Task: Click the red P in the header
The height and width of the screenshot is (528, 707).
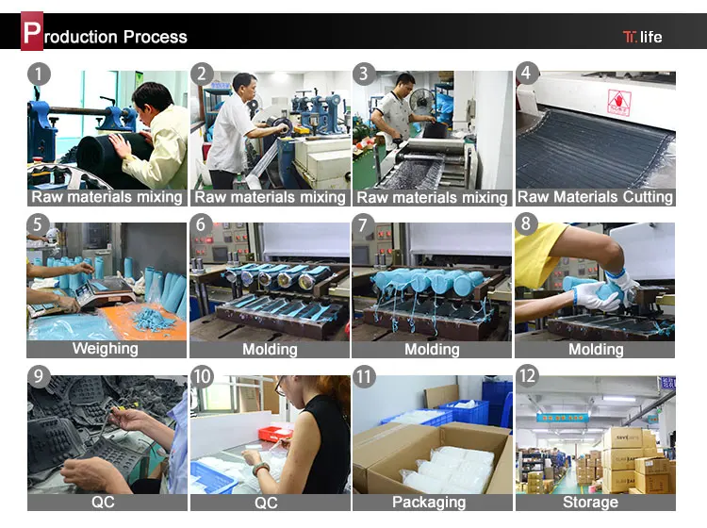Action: coord(32,31)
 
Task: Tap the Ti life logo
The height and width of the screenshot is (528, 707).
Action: coord(643,37)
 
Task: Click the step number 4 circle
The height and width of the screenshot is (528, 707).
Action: coord(527,73)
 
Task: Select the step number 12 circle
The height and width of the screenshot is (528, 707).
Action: coord(527,375)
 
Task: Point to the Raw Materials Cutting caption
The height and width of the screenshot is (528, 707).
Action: coord(595,197)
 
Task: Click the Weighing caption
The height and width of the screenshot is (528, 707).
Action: coord(106,349)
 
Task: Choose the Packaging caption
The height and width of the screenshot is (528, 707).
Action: coord(429,502)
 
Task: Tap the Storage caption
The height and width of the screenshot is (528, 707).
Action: coord(590,502)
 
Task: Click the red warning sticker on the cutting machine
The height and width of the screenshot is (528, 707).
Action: coord(619,103)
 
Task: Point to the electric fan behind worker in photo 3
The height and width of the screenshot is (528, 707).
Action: coord(422,101)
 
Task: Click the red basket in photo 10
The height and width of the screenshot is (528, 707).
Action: coord(275,433)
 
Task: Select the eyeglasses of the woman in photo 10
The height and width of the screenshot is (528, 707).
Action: coord(280,387)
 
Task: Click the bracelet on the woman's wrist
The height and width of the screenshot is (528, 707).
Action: coord(260,469)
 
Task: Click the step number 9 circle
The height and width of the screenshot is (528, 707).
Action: coord(39,375)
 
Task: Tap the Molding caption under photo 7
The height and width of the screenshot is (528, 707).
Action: coord(432,350)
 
